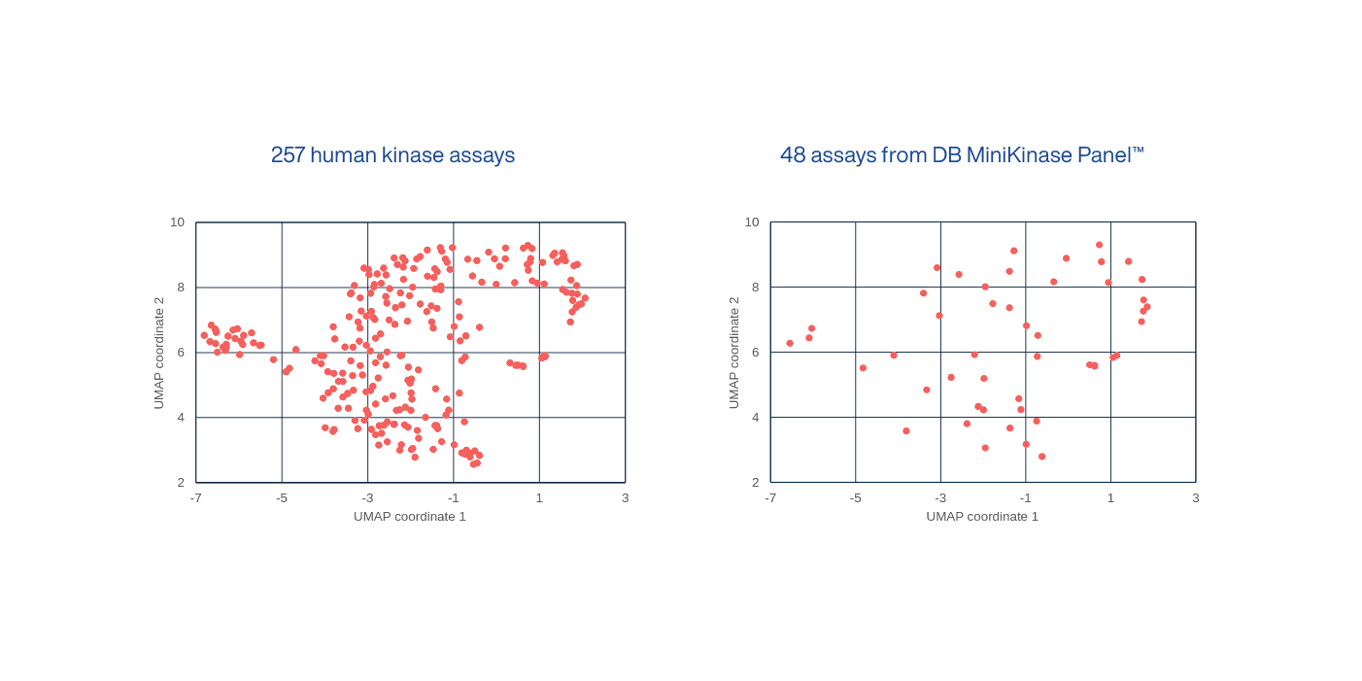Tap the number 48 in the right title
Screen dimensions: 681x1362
[x=792, y=155]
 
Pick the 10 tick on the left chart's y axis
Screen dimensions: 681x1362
[x=178, y=222]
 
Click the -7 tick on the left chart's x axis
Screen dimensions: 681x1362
[x=195, y=497]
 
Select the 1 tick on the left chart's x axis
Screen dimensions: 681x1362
[x=539, y=497]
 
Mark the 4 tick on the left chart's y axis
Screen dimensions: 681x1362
[x=181, y=418]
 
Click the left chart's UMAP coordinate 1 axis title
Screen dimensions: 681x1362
[x=410, y=516]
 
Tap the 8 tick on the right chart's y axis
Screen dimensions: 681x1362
[x=753, y=288]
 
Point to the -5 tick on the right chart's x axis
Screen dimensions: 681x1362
[x=855, y=497]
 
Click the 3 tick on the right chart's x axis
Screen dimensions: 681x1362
[x=1196, y=497]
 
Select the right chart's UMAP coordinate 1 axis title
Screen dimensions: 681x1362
[x=982, y=516]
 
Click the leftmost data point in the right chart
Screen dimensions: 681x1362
[x=790, y=343]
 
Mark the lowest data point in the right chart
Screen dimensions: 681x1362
[x=1041, y=457]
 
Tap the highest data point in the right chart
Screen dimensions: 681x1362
[x=1099, y=245]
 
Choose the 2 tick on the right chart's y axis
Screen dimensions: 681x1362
[x=753, y=483]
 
